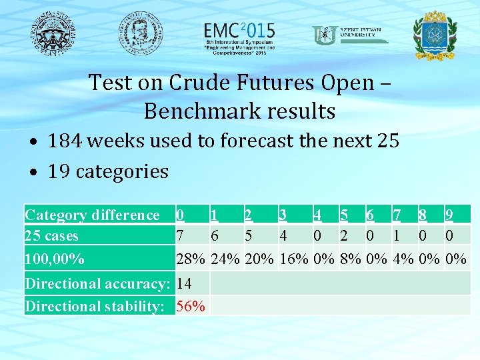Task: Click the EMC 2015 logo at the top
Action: [x=239, y=35]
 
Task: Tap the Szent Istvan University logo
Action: [x=350, y=34]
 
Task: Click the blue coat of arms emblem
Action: [x=435, y=35]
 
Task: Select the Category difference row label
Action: [x=92, y=215]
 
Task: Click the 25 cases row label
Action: [x=51, y=235]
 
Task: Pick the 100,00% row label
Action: [x=54, y=258]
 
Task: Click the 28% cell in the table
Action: [x=191, y=258]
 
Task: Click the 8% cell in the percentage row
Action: [x=351, y=258]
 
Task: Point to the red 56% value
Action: [x=191, y=306]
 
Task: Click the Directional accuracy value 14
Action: [x=185, y=283]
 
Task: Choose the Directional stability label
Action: [x=95, y=306]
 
